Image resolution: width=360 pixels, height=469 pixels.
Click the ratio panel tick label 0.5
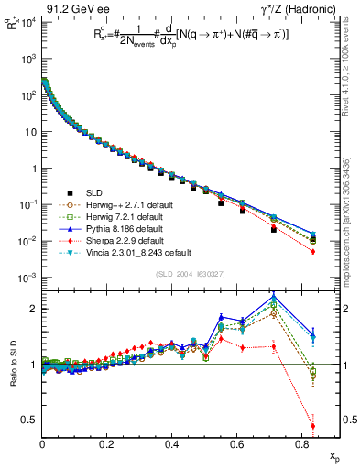click(32, 420)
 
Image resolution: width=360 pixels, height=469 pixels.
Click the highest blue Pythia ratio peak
click(274, 295)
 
